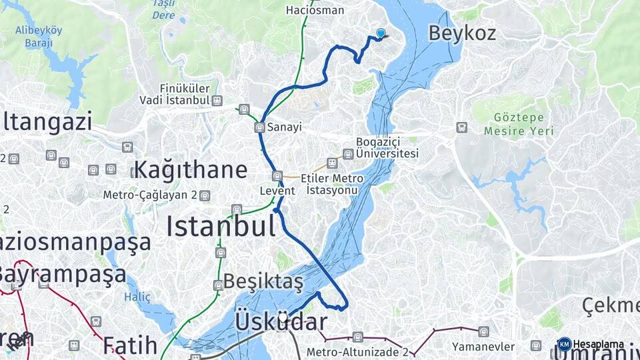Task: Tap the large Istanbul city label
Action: tap(221, 227)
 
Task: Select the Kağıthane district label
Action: tap(191, 169)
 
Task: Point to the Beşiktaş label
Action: tap(263, 281)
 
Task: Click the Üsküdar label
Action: tap(281, 322)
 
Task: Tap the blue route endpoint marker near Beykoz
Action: tap(381, 33)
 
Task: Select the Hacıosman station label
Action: tap(315, 10)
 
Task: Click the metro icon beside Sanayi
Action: tap(259, 127)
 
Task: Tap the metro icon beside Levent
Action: tap(277, 176)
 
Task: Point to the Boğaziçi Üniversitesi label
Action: tap(387, 147)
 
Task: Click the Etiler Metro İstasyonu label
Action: tap(332, 184)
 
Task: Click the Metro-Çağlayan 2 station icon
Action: tap(205, 195)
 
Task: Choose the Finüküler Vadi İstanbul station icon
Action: tap(217, 100)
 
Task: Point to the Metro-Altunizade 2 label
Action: tap(357, 351)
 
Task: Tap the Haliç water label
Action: tap(137, 297)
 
